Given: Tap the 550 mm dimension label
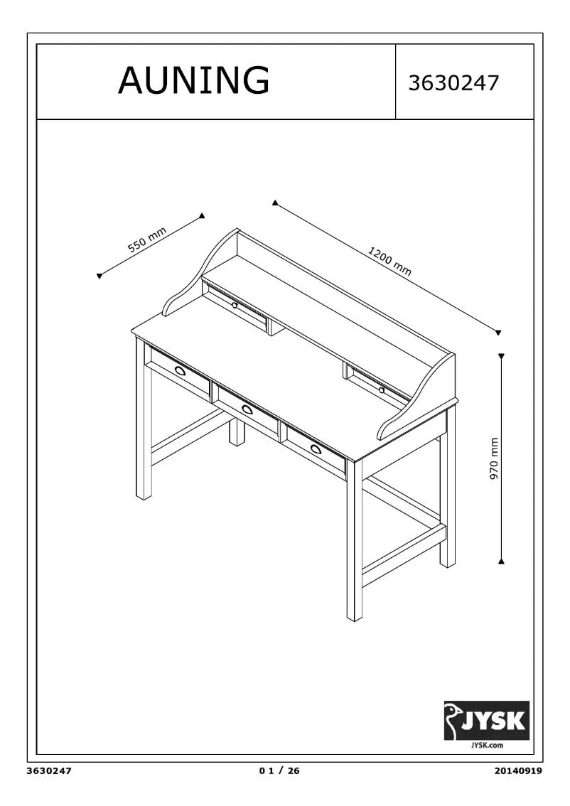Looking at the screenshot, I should (147, 240).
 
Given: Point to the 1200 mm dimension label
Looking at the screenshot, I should (389, 262).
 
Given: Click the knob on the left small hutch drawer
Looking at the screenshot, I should (235, 304).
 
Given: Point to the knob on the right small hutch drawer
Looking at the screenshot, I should (382, 389).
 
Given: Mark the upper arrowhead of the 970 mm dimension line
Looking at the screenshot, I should (502, 355).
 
